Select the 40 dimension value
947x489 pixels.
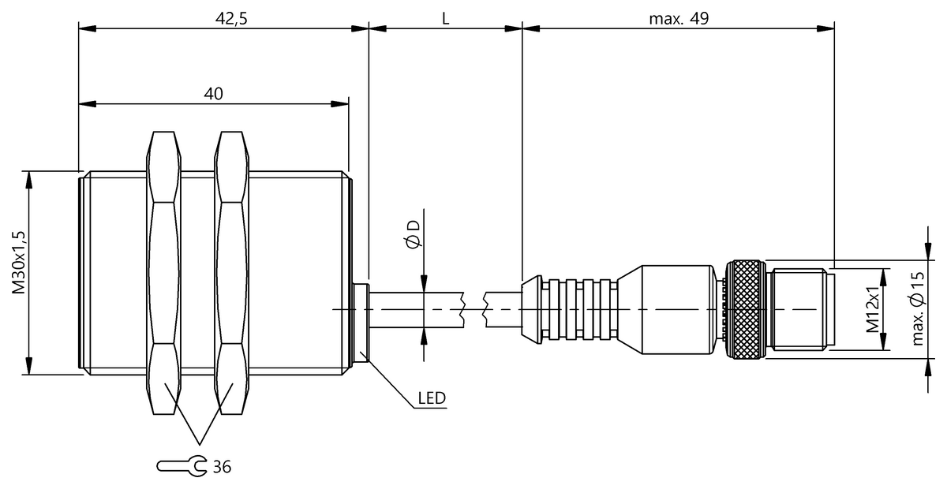[213, 93]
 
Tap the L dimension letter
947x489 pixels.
[445, 19]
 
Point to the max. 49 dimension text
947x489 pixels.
[679, 19]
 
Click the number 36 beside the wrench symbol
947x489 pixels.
[222, 467]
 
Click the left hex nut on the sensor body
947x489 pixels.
[164, 273]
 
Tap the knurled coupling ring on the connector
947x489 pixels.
[745, 309]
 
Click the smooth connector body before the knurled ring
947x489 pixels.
[671, 309]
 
